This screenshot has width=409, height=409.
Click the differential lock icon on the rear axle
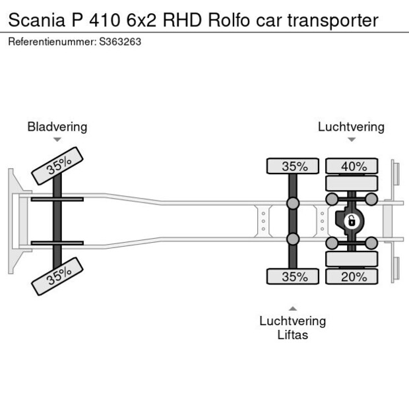tap(352, 220)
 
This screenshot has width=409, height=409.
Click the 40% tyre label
tap(352, 166)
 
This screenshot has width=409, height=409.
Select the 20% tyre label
tap(352, 276)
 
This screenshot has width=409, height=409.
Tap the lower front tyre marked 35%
tap(57, 275)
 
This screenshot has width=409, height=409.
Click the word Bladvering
tap(57, 127)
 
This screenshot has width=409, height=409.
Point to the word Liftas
tap(293, 335)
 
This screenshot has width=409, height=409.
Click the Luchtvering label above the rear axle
tap(351, 127)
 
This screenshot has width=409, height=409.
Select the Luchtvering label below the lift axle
tap(293, 321)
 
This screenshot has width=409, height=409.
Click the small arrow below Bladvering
tap(57, 140)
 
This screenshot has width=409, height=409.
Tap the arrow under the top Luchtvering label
tap(352, 140)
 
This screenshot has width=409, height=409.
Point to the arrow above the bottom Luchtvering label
tap(293, 308)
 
